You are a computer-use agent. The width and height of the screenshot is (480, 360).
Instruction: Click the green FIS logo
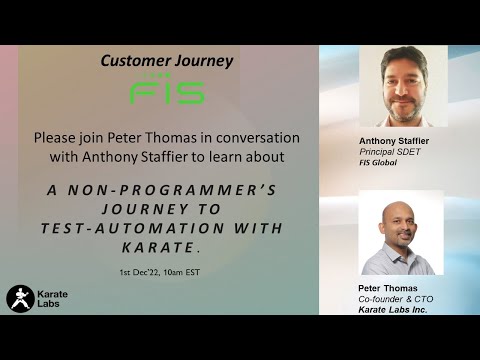(166, 92)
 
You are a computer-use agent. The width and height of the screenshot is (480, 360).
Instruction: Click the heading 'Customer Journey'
(166, 61)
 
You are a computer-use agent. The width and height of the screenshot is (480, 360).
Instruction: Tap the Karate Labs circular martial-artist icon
(20, 298)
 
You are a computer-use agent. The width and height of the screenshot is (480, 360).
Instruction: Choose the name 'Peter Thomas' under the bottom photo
(385, 288)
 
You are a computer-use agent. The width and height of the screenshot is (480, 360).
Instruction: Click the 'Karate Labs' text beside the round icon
(54, 298)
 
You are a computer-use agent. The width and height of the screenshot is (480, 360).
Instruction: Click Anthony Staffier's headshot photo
(401, 88)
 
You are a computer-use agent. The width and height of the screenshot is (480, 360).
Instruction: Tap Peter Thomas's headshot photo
(400, 233)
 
